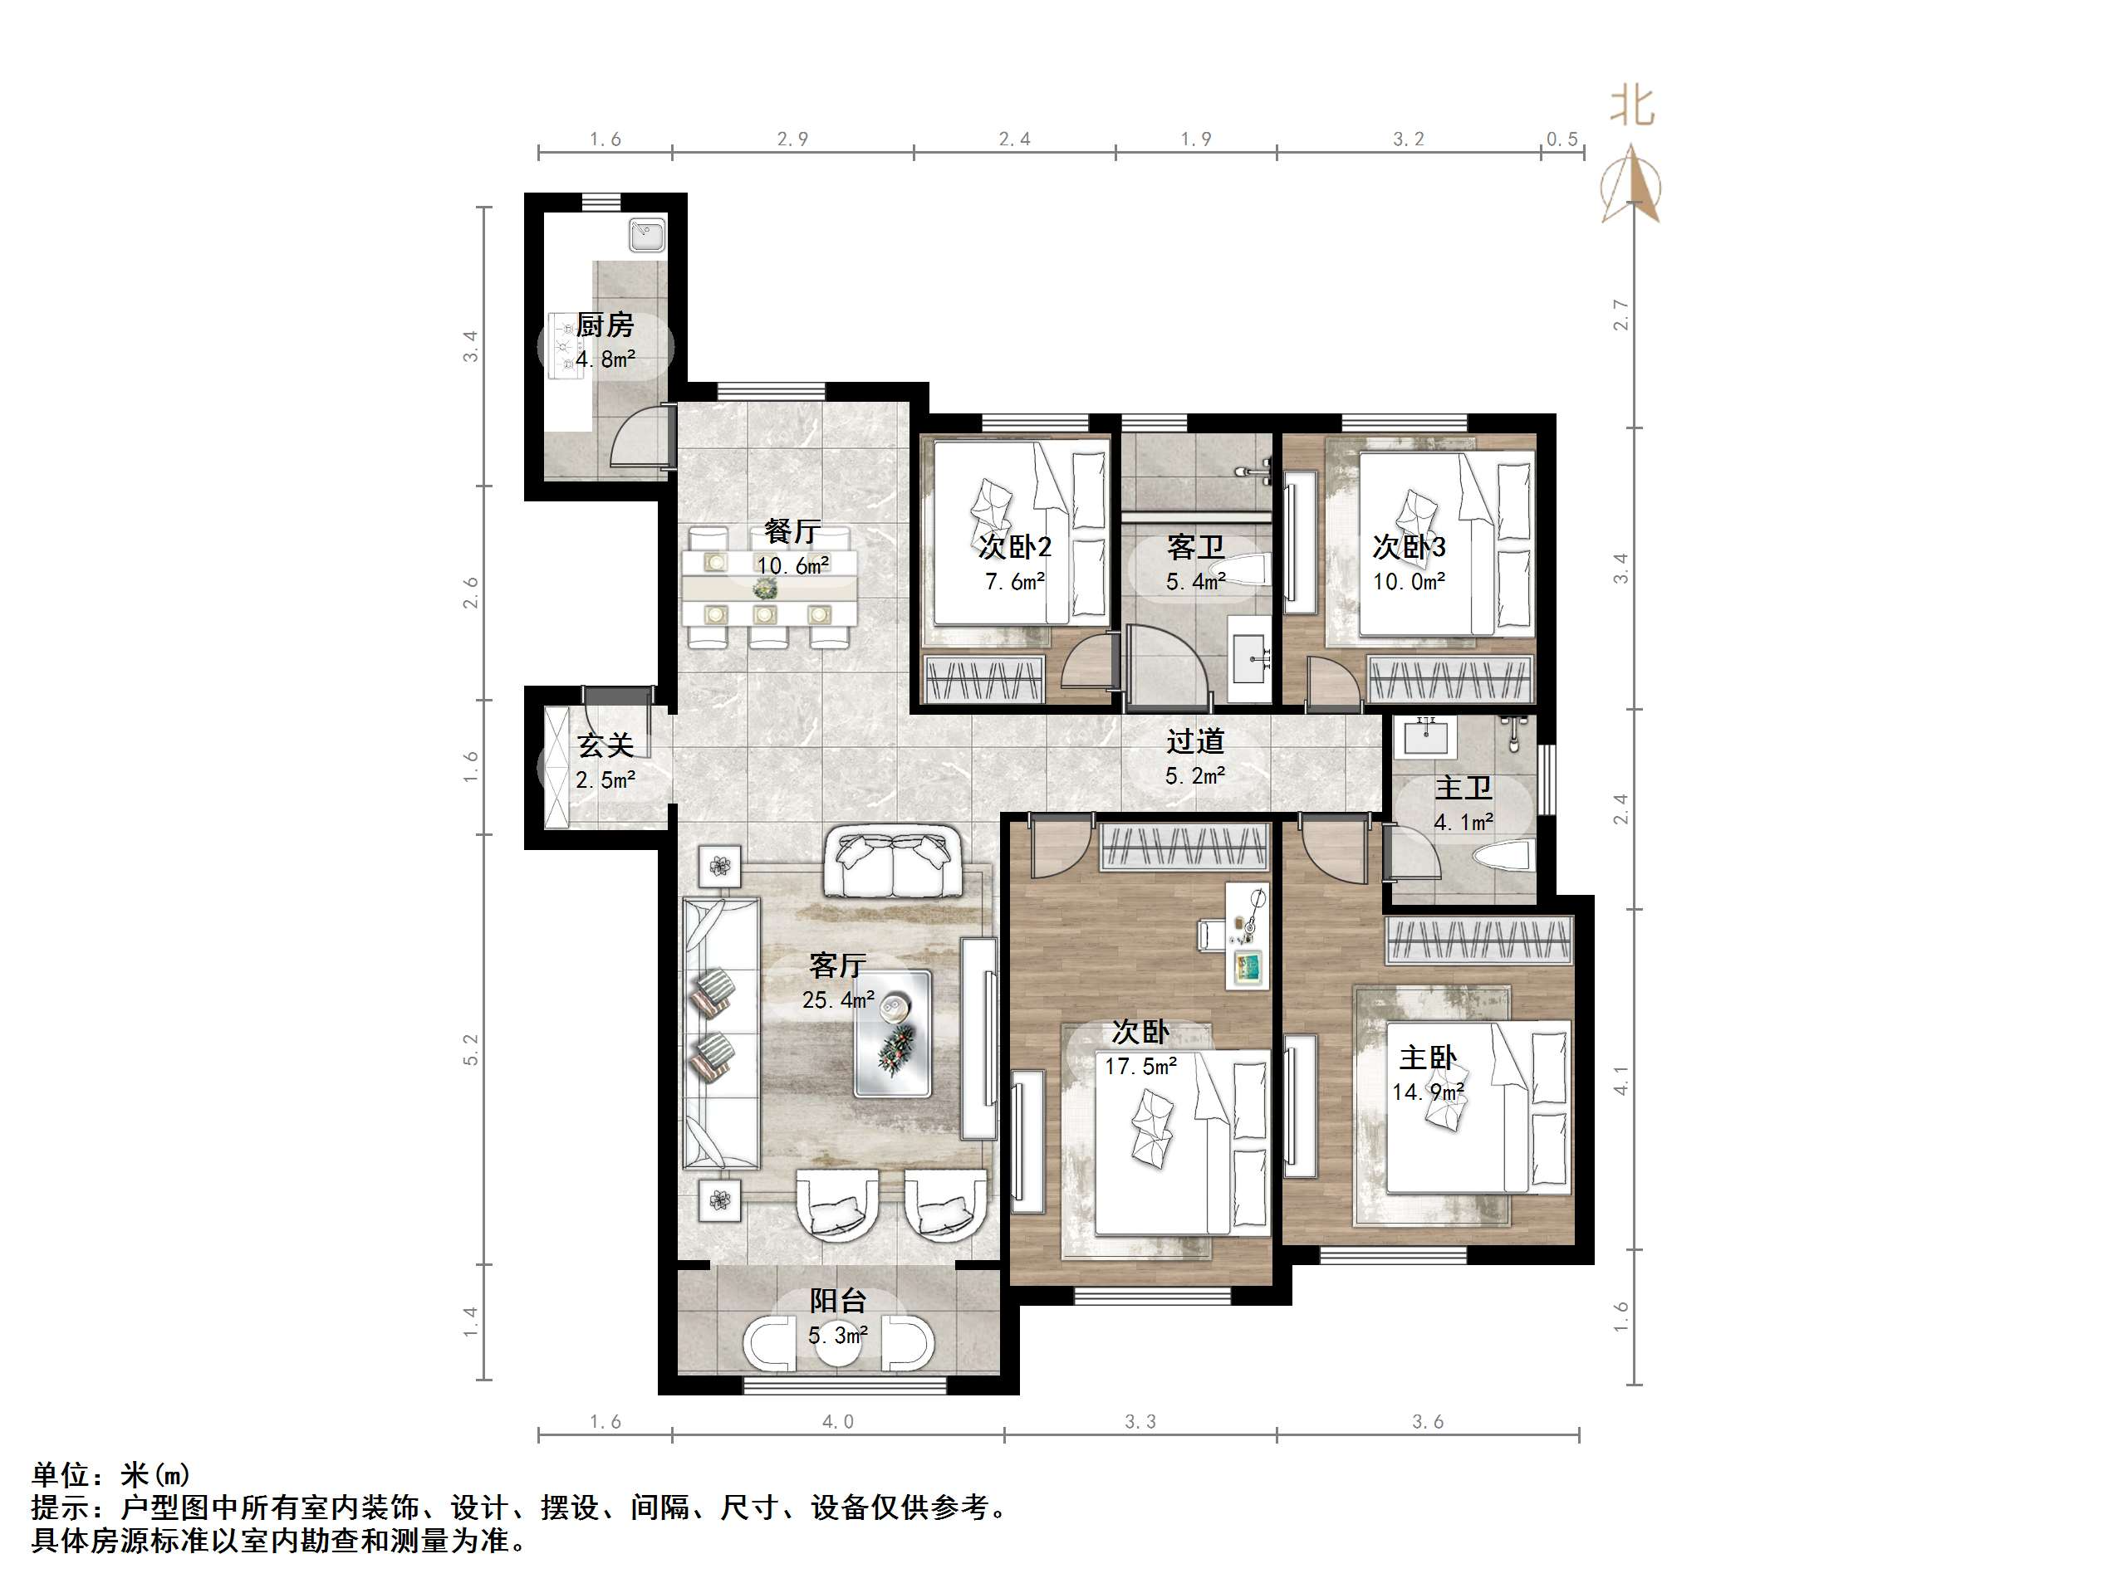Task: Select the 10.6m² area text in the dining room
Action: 793,565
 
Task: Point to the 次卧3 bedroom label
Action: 1409,548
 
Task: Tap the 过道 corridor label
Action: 1195,741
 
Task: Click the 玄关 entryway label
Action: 605,745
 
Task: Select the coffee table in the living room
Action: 891,1033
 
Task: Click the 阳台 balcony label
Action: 838,1301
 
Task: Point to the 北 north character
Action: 1631,106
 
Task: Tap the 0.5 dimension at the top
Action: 1562,139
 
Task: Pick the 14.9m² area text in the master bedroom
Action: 1428,1092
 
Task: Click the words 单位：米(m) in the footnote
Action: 111,1475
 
